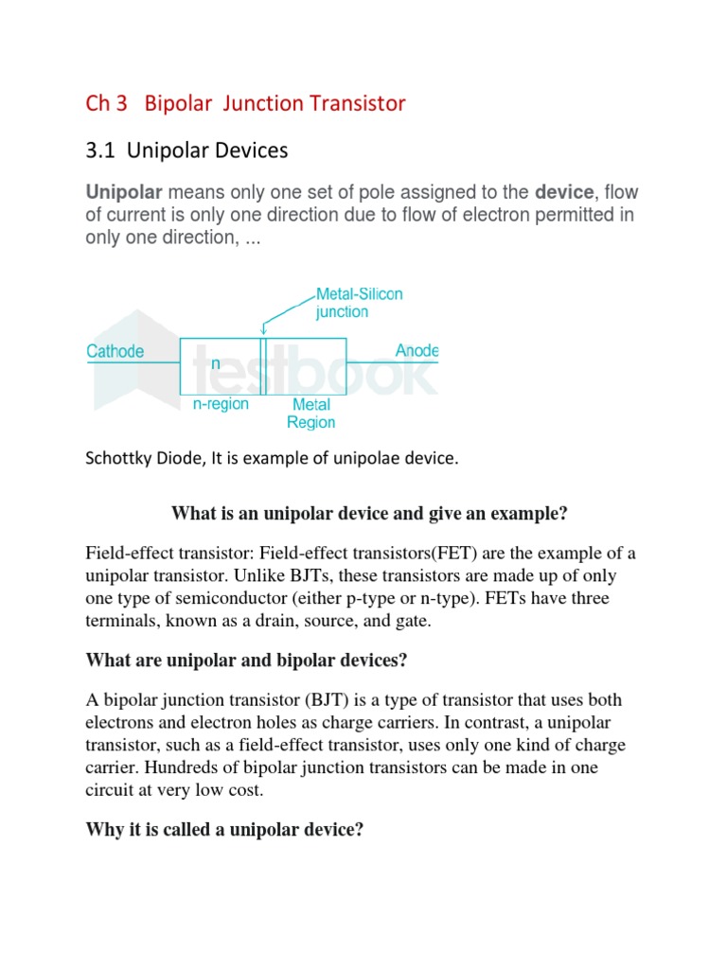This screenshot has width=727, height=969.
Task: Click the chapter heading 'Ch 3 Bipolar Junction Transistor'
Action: coord(245,103)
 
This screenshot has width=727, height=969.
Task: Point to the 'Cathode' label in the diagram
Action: coord(115,352)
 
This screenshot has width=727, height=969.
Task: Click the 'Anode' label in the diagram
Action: coord(417,351)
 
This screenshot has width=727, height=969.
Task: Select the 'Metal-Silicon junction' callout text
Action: coord(359,303)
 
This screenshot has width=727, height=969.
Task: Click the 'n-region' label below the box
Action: coord(221,404)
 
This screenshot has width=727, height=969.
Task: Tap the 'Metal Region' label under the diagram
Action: coord(311,414)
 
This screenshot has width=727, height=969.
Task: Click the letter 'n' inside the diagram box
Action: coord(215,362)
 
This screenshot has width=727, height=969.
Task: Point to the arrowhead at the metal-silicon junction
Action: coord(262,331)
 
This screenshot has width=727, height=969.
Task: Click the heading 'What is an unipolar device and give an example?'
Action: coord(369,514)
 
